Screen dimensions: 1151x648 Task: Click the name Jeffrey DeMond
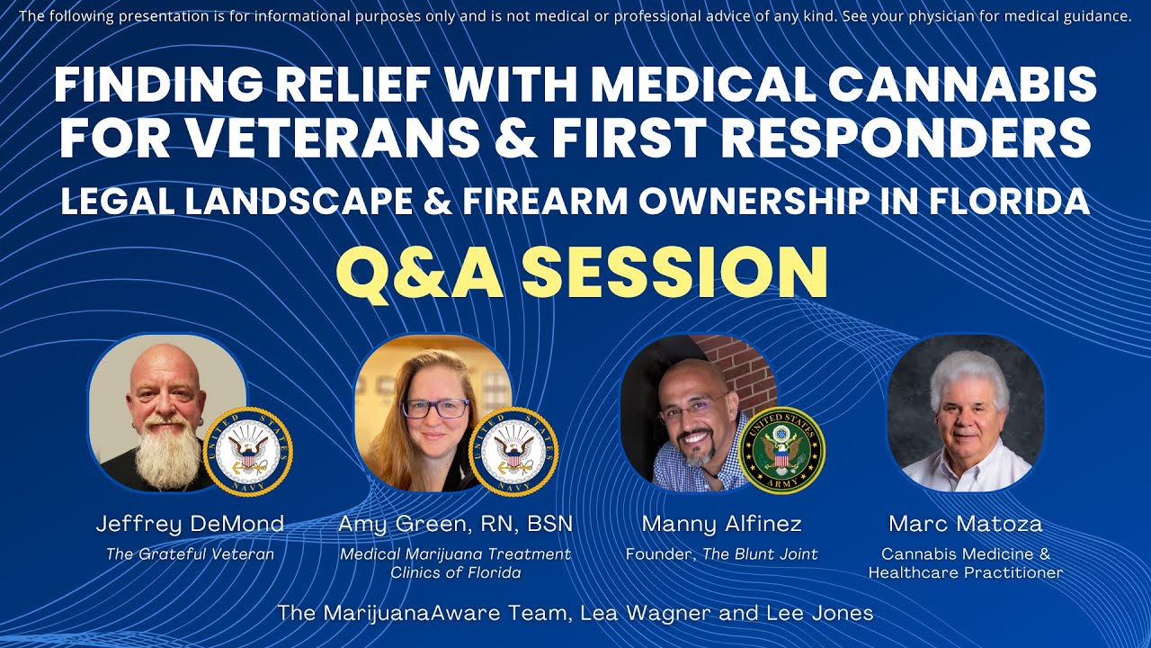point(190,525)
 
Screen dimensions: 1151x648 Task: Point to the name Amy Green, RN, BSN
point(455,525)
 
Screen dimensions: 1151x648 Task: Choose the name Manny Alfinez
point(721,525)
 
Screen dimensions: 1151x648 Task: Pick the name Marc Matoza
point(966,524)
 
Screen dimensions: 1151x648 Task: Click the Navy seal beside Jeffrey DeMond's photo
point(248,452)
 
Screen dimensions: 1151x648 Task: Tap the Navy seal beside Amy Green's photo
point(513,452)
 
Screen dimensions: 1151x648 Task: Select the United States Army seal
point(781,451)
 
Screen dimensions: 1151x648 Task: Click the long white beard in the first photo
point(167,453)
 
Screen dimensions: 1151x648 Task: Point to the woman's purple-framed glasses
point(435,409)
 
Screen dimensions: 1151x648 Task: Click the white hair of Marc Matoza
point(968,378)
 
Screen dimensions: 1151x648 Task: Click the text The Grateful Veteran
point(190,553)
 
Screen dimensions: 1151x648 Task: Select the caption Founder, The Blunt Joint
point(721,553)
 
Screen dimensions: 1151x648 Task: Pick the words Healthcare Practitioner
point(966,572)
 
